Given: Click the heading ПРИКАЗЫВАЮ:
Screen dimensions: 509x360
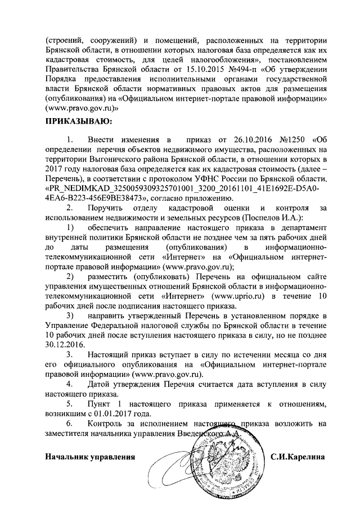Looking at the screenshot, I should [x=78, y=120].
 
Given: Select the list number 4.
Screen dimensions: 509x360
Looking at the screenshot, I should [x=69, y=385].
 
